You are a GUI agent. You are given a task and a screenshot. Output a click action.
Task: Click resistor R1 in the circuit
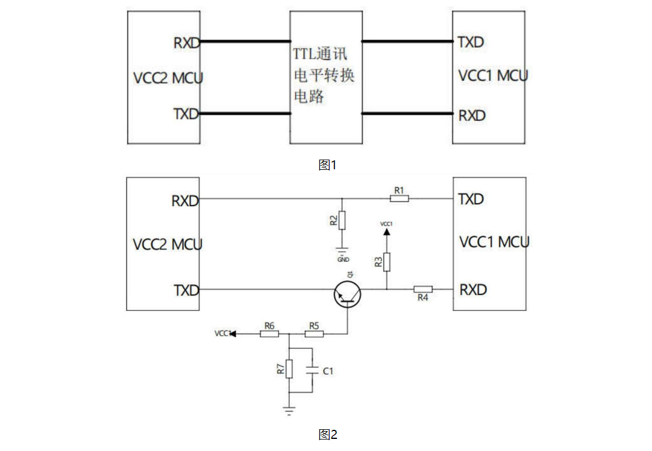399,198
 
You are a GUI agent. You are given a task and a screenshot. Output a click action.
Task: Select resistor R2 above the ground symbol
342,220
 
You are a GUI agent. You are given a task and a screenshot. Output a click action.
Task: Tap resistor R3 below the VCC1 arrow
387,262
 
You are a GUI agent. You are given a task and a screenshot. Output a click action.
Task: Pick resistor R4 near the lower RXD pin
423,289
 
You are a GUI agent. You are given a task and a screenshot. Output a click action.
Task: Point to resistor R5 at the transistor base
314,334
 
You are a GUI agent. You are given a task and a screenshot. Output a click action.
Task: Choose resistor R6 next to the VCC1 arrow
269,334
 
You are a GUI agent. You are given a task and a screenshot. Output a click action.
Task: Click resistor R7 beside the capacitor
290,369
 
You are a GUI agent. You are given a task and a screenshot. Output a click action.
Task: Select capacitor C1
313,371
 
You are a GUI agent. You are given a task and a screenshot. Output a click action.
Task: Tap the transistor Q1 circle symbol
347,295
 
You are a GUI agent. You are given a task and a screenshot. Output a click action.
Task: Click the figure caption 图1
327,164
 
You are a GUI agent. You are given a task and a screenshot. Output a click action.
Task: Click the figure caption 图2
327,434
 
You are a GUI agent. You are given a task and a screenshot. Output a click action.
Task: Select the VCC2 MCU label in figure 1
168,78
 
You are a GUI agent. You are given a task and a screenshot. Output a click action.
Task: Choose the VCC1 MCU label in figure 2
494,242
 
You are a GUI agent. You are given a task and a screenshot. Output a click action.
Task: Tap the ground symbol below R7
290,410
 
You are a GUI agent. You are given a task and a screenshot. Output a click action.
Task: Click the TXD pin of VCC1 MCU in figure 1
471,42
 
